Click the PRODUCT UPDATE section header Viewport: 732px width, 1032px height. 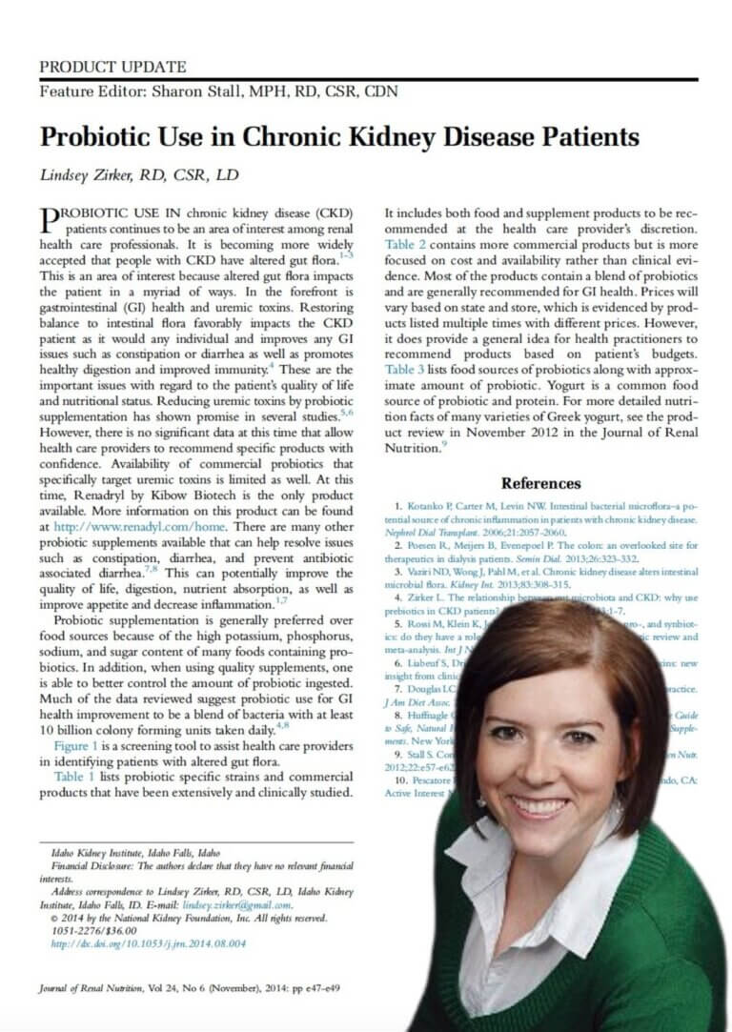(x=112, y=67)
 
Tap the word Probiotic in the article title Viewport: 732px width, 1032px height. (x=100, y=137)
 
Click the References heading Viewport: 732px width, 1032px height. (x=539, y=484)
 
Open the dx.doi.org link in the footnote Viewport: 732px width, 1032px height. (x=148, y=943)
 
